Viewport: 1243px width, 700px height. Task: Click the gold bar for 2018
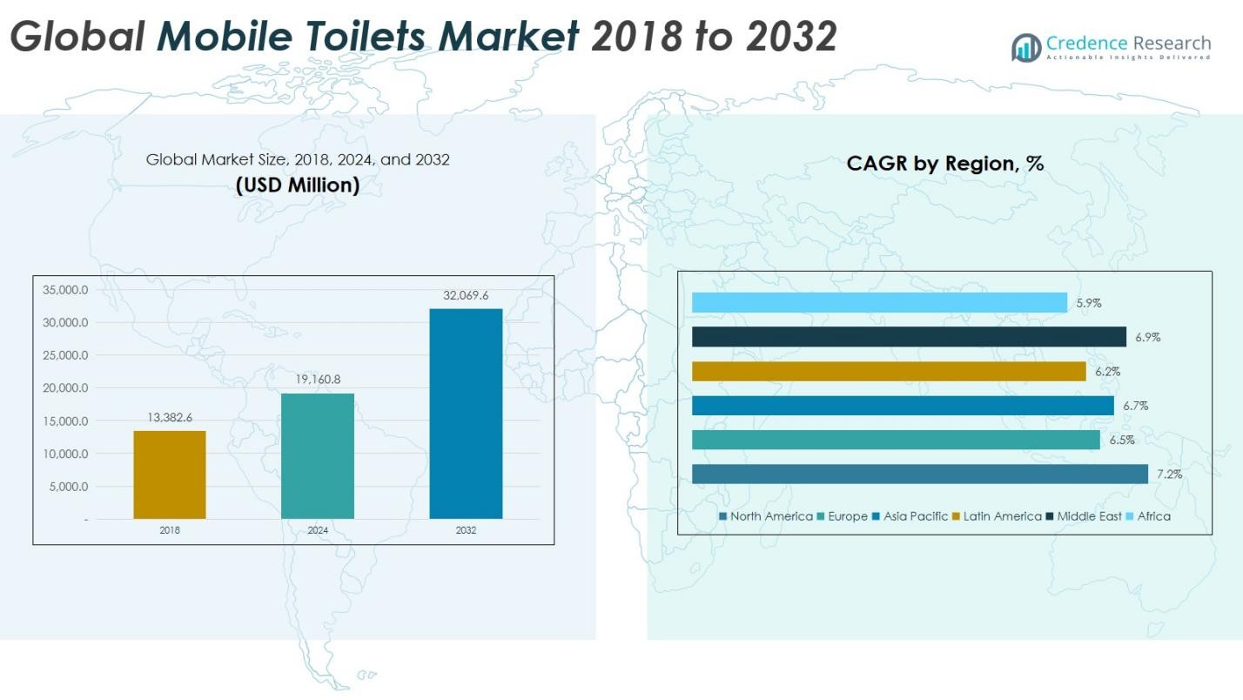[x=170, y=475]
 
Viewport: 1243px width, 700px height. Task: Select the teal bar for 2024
[x=318, y=456]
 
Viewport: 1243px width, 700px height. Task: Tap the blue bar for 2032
[x=466, y=414]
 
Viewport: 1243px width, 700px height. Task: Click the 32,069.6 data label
[x=466, y=296]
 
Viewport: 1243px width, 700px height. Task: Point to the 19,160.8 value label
[x=318, y=380]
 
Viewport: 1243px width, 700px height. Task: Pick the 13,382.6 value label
[x=170, y=418]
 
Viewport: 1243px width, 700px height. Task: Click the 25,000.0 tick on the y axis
[x=66, y=355]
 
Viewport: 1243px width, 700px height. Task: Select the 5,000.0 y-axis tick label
[x=69, y=487]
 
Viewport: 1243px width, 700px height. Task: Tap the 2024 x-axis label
[x=318, y=530]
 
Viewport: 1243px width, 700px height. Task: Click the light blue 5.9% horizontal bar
[x=879, y=302]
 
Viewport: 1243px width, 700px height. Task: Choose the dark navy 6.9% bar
[x=910, y=337]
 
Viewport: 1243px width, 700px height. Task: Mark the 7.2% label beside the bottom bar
[x=1170, y=475]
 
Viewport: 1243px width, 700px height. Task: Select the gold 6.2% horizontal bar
[x=889, y=371]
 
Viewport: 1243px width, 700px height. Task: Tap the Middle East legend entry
[x=1089, y=516]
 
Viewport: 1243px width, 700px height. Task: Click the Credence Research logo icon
[x=1026, y=47]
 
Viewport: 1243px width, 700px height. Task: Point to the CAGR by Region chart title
[x=944, y=163]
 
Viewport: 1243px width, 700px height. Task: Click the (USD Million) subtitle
[x=297, y=185]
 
